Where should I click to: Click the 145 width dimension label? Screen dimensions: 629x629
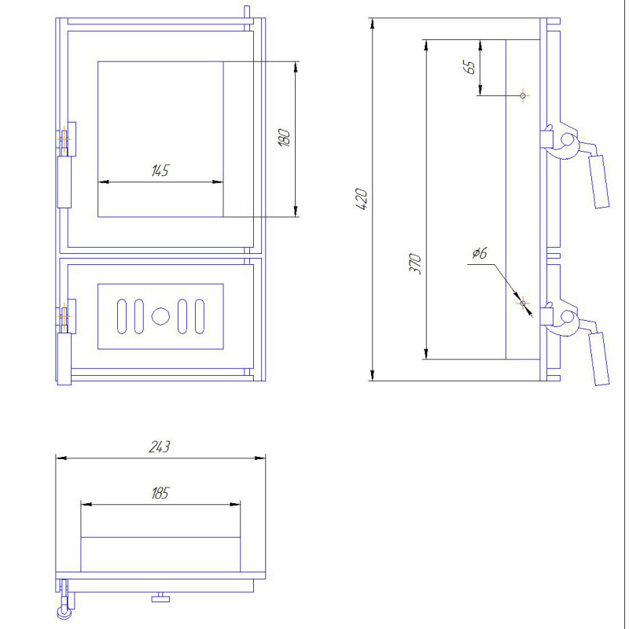pos(160,171)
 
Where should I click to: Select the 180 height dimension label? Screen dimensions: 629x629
pos(284,138)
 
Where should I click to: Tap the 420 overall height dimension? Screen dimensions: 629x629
pos(362,199)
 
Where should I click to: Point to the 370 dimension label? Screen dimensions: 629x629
pos(415,263)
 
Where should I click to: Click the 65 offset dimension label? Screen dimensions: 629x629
pos(469,67)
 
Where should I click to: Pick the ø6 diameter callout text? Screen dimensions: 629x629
pos(480,253)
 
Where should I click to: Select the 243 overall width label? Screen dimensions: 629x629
pos(160,447)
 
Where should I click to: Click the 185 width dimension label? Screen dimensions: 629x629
pos(160,493)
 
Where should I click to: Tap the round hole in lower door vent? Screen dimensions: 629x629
pos(160,316)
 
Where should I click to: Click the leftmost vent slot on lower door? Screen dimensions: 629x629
pos(122,316)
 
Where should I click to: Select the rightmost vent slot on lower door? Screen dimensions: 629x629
pos(200,316)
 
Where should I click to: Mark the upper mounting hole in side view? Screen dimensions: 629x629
pos(523,95)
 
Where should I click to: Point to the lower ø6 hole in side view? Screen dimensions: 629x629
pos(523,303)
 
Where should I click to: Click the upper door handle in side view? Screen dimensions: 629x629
pos(598,182)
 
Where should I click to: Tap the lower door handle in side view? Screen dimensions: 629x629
pos(598,359)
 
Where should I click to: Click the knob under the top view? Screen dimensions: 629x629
pos(160,598)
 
